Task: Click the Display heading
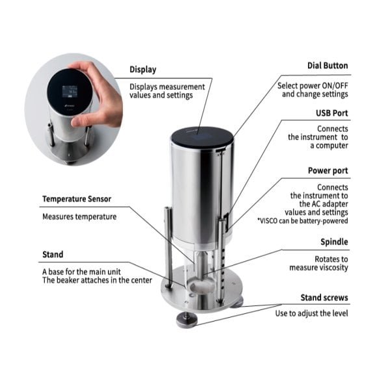[143, 70]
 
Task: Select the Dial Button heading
[328, 66]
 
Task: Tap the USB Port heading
[331, 113]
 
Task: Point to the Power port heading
[328, 170]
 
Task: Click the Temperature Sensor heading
[77, 199]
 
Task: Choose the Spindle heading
[334, 242]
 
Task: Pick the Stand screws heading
[324, 298]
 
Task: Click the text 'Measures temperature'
[79, 216]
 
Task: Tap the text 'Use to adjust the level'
[311, 313]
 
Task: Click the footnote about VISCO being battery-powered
[302, 221]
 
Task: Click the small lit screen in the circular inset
[70, 92]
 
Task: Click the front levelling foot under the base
[187, 321]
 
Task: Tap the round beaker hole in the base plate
[202, 286]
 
